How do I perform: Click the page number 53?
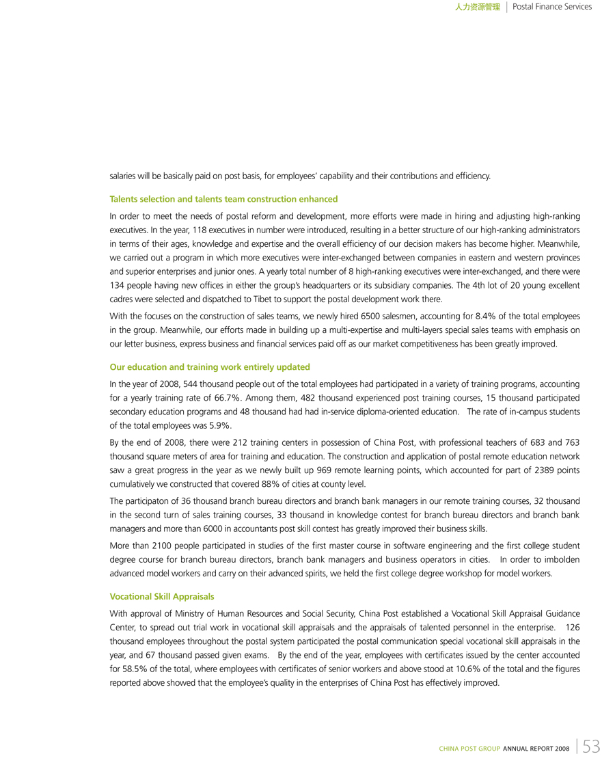[x=592, y=747]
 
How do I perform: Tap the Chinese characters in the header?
[x=477, y=8]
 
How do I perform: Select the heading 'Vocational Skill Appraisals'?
[x=162, y=596]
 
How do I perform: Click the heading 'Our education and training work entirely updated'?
[x=210, y=366]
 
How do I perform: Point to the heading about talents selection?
[x=223, y=199]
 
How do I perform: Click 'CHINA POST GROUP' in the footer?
[x=469, y=749]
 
